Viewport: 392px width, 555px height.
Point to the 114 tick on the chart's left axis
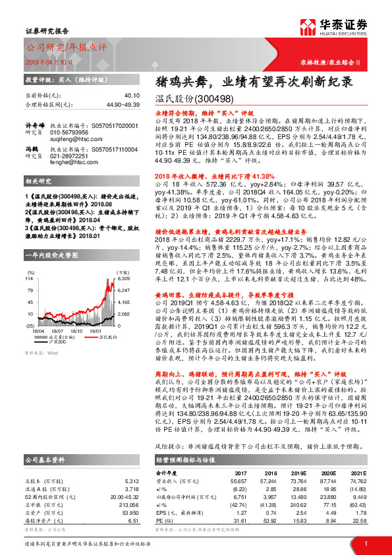tap(30, 279)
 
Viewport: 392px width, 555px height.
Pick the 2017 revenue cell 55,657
tap(238, 482)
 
